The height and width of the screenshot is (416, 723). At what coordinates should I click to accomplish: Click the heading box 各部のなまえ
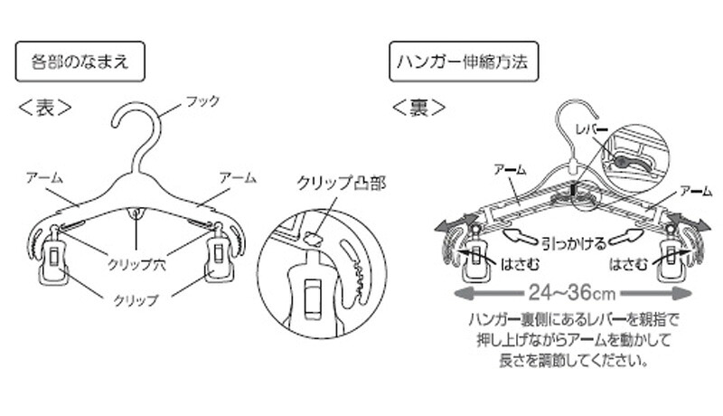pos(80,61)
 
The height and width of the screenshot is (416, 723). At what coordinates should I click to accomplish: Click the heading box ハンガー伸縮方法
pos(464,61)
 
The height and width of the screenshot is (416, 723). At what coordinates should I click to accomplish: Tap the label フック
pos(202,101)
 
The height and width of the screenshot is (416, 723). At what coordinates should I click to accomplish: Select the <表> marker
pos(44,108)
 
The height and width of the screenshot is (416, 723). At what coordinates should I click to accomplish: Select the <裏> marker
pos(418,108)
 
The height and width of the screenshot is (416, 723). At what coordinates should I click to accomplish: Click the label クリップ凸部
pos(342,183)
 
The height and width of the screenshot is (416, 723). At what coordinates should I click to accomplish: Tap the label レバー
pos(592,129)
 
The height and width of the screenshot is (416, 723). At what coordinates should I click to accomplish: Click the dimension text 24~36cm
pos(572,293)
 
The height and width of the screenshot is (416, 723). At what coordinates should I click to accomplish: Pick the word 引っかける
pos(574,243)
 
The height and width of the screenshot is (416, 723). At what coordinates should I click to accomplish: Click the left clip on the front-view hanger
pos(53,255)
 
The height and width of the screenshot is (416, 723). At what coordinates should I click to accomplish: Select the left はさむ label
pos(520,264)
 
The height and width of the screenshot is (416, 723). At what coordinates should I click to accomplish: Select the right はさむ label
pos(628,264)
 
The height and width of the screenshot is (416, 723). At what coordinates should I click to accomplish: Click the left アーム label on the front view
pos(44,178)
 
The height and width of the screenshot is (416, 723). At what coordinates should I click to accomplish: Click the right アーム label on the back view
pos(696,191)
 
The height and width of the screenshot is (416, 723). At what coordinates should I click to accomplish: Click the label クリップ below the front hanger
pos(136,300)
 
